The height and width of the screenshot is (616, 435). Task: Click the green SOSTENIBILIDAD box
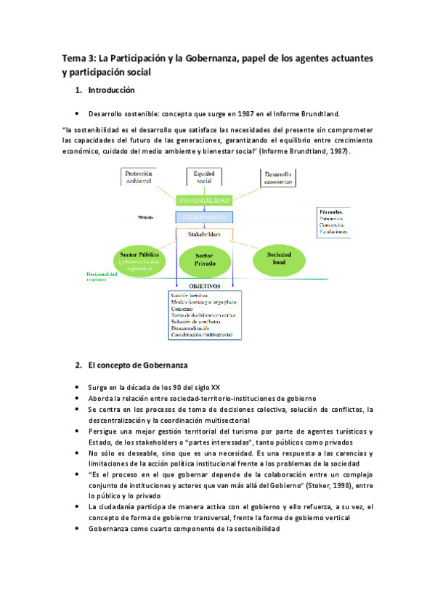tap(203, 200)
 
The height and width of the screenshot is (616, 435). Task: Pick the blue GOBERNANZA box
tap(203, 217)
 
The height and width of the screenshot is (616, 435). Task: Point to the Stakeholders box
tap(204, 235)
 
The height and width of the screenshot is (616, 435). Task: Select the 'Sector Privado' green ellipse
tap(204, 262)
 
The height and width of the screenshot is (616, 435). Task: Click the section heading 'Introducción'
tap(110, 92)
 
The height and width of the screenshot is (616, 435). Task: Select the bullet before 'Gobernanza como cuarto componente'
tap(78, 529)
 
